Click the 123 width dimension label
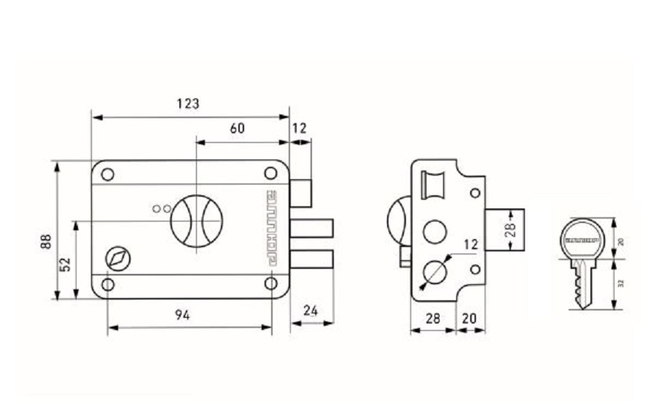coord(188,103)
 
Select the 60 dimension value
coord(237,128)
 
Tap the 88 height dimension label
coord(45,240)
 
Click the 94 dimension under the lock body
coord(183,315)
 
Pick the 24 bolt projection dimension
coord(311,310)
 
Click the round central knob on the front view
coord(196,220)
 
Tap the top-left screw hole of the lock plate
coord(107,174)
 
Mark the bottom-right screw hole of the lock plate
coord(270,283)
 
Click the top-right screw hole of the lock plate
coord(270,173)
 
